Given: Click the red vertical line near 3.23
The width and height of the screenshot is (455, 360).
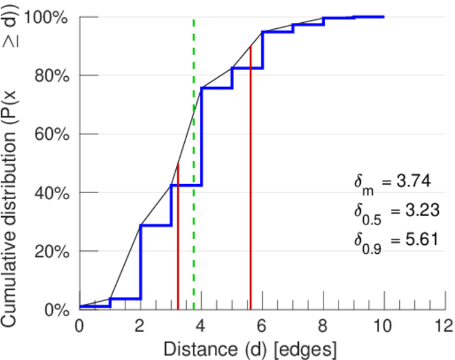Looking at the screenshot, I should [178, 240].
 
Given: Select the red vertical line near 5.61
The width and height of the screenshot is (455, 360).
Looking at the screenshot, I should [250, 180].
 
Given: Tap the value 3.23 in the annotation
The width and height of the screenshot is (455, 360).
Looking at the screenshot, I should [419, 211].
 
